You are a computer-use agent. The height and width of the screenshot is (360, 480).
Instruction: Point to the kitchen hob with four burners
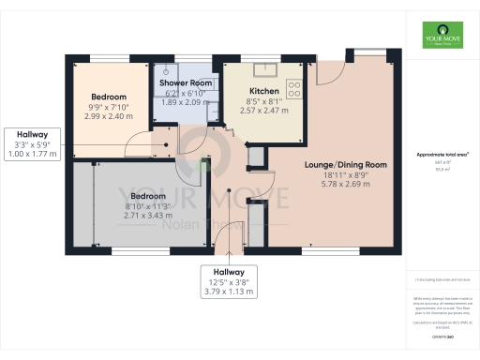[294, 89]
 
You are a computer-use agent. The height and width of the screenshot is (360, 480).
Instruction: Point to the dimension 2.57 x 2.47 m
[263, 111]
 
